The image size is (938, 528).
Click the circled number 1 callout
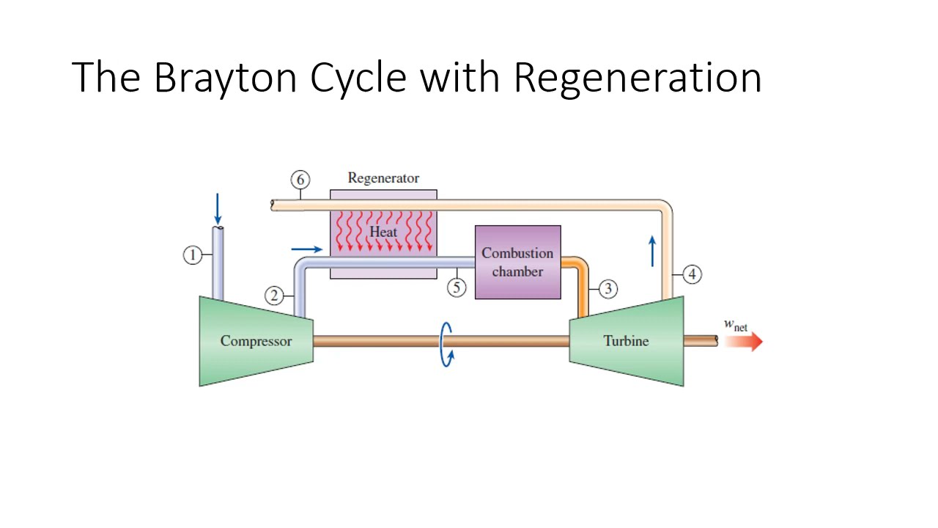(192, 255)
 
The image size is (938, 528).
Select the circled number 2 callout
(274, 296)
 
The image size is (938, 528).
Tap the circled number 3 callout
(608, 288)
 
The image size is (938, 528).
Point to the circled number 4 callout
(692, 274)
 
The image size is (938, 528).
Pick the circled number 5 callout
(457, 287)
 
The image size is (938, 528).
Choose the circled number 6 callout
(300, 180)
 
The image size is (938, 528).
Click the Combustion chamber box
(517, 262)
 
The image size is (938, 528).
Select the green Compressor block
(256, 341)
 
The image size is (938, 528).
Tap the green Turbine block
(627, 341)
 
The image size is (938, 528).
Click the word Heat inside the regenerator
(383, 232)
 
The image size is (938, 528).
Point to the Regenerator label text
(383, 178)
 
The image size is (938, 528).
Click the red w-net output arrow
(744, 342)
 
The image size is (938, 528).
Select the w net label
(735, 324)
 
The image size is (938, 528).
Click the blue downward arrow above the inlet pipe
(217, 209)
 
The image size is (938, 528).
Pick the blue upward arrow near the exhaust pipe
(652, 251)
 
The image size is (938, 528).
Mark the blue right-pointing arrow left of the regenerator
(306, 249)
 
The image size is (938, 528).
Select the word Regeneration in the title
(637, 77)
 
